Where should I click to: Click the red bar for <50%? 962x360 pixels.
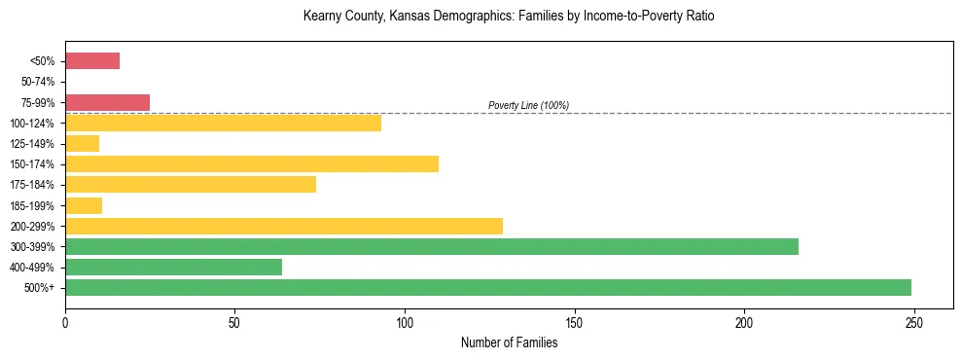(x=92, y=61)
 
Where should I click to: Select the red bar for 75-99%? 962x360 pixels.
(x=107, y=102)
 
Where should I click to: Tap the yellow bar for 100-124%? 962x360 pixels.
(x=223, y=123)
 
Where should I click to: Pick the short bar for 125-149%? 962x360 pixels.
(x=82, y=143)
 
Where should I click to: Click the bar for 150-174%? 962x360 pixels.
(x=251, y=163)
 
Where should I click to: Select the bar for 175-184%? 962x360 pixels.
(x=190, y=184)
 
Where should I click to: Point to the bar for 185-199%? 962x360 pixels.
(x=84, y=205)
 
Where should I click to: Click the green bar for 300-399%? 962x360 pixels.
(x=431, y=246)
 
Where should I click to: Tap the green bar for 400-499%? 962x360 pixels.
(x=173, y=267)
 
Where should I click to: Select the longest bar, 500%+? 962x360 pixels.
(x=487, y=287)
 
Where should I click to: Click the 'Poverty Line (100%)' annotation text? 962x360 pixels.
(x=528, y=105)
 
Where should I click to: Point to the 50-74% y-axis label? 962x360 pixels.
(x=38, y=82)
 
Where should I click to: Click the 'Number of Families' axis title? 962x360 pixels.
(x=509, y=342)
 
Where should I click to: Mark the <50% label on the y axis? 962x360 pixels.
(x=43, y=61)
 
